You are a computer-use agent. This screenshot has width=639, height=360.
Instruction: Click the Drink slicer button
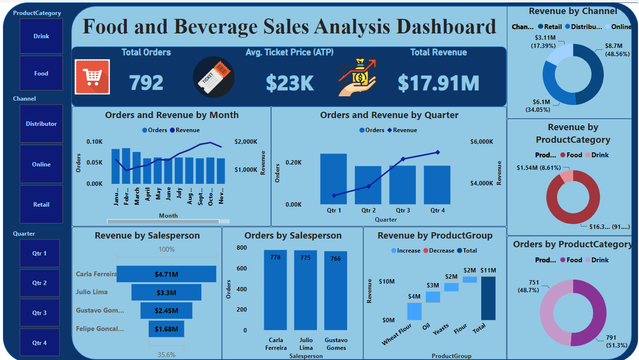(x=41, y=36)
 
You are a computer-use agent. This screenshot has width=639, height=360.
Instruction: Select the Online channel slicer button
(x=41, y=165)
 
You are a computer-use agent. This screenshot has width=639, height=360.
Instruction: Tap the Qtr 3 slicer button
(x=40, y=313)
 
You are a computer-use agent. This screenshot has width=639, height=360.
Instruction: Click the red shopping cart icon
(x=92, y=76)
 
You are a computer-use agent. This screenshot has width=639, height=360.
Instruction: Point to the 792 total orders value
(x=146, y=83)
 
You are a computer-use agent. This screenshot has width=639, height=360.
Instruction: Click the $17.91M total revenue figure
(x=438, y=83)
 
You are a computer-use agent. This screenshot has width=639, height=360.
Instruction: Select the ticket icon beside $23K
(x=213, y=77)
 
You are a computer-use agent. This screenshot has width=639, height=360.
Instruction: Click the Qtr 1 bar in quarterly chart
(x=334, y=179)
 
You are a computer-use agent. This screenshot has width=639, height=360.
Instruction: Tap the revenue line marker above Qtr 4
(x=438, y=152)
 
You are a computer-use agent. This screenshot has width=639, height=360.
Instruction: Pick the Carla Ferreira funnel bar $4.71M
(x=166, y=274)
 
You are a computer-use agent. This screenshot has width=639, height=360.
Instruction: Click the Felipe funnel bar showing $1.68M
(x=166, y=329)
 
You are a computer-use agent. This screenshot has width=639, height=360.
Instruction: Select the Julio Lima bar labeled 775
(x=305, y=290)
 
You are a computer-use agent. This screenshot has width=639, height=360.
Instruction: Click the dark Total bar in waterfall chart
(x=488, y=298)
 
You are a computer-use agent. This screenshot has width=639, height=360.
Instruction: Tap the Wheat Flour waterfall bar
(x=414, y=311)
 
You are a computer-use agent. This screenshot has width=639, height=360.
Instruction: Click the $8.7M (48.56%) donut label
(x=617, y=50)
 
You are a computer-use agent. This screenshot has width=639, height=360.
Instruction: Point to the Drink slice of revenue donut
(x=566, y=177)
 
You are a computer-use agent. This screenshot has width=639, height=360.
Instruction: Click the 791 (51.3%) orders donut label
(x=616, y=342)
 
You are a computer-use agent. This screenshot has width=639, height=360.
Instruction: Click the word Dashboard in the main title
(x=446, y=27)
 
